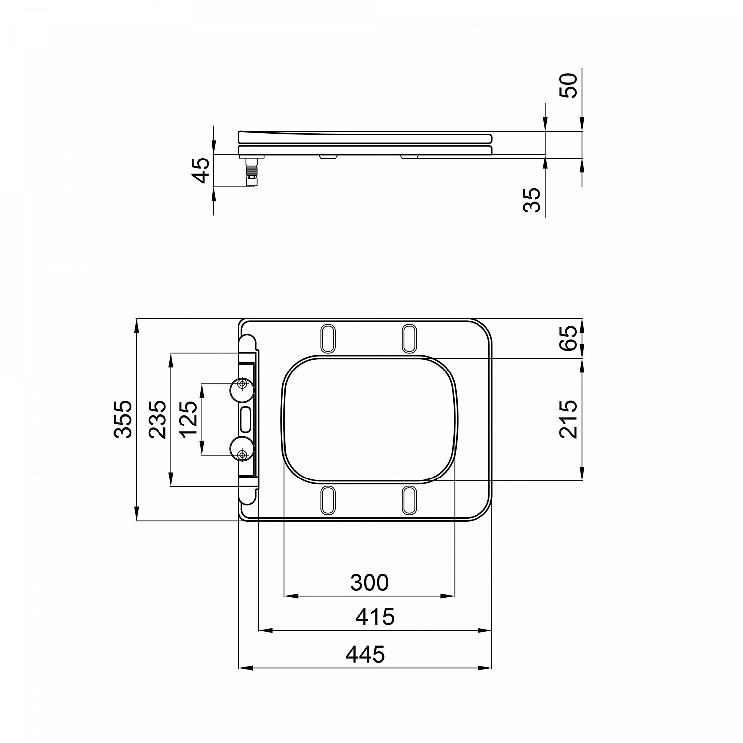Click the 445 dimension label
(x=365, y=654)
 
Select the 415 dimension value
(x=375, y=617)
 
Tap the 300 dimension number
(x=370, y=583)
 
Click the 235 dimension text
(x=158, y=419)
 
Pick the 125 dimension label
(x=189, y=419)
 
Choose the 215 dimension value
(x=568, y=419)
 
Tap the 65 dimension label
(x=568, y=338)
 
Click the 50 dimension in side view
(x=568, y=86)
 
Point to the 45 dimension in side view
(x=201, y=170)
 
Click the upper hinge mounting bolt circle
(x=242, y=384)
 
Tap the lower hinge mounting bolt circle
(x=242, y=454)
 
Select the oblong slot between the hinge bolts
(x=246, y=420)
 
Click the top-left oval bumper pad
(x=328, y=339)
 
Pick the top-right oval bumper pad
(x=409, y=339)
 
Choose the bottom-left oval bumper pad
(x=328, y=500)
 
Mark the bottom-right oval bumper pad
(x=409, y=500)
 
